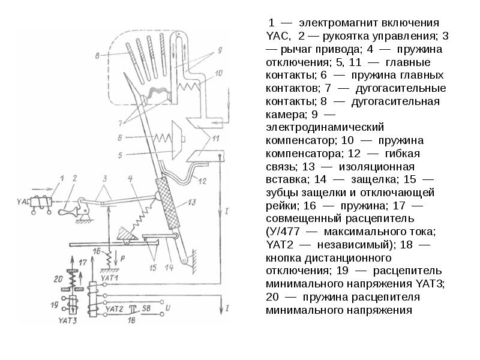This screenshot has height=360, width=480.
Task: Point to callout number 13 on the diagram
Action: click(192, 203)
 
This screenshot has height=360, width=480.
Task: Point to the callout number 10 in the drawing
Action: click(218, 73)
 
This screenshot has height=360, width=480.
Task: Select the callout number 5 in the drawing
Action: click(121, 155)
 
